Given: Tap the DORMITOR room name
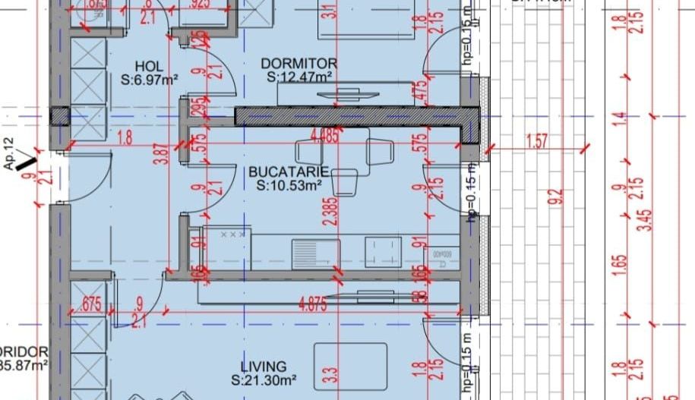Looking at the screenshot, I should click(x=299, y=63).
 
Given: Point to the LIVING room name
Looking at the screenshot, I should click(x=264, y=367).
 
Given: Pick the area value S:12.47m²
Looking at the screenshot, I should click(x=299, y=76).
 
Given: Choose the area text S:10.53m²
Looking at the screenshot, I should click(x=289, y=184).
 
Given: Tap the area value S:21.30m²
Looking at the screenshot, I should click(x=264, y=379).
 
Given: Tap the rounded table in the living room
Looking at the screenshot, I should click(x=350, y=367).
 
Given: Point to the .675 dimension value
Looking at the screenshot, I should click(x=91, y=304).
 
